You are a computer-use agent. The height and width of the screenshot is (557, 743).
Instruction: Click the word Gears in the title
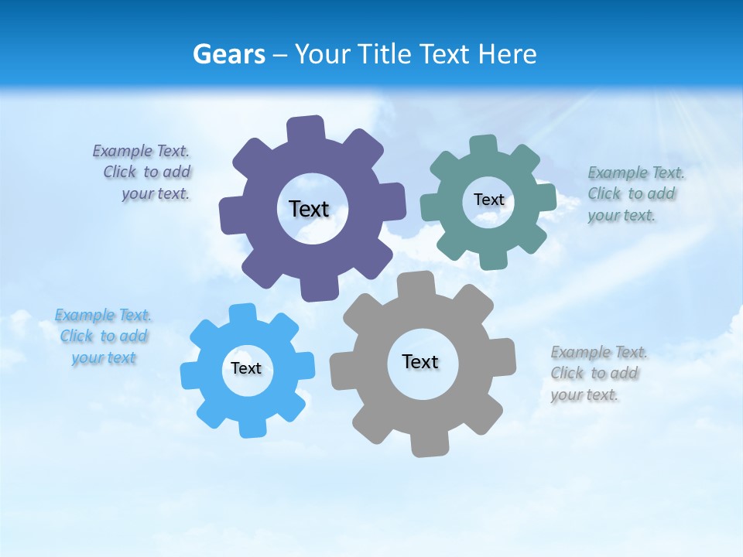coord(229,54)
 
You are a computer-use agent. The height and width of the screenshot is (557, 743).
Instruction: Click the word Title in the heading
coord(383,54)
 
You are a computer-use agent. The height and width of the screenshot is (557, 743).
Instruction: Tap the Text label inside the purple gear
coord(309,209)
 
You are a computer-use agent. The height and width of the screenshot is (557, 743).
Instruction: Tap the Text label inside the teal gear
coord(488,200)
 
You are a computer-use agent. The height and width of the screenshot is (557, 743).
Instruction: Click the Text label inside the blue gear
coord(246,368)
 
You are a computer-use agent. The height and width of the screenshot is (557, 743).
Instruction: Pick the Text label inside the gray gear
coord(420,361)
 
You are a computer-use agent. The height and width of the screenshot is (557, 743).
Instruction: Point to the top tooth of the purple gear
coord(306,128)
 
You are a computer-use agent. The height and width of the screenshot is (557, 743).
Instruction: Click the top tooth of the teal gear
coord(483,145)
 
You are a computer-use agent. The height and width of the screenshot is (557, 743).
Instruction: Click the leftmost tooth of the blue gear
coord(190,374)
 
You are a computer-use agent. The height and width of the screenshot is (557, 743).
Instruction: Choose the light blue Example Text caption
coord(104,337)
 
